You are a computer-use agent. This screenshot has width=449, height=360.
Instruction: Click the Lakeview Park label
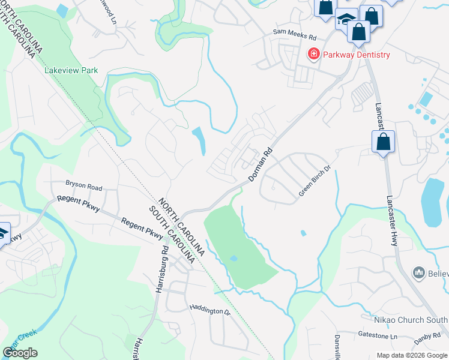coord(71,70)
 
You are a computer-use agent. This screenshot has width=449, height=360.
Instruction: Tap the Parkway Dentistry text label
coord(356,55)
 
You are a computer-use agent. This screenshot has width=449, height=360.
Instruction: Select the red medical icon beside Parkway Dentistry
coord(313,55)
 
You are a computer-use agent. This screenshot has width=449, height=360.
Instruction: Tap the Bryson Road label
coord(84,187)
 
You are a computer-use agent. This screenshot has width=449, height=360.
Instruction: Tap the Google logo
coord(20,353)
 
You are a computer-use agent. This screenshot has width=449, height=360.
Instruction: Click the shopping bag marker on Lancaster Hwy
coord(383,143)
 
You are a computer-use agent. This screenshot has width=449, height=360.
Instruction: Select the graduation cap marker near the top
coord(346,19)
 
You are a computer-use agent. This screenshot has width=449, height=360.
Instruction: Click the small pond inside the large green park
coord(234,259)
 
